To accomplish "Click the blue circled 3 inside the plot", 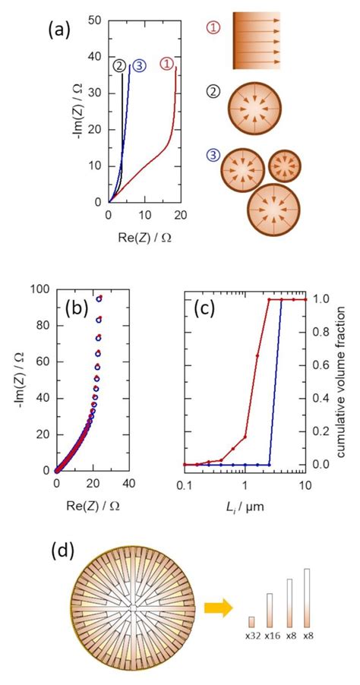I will click(x=139, y=66).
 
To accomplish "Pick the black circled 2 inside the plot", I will click(x=118, y=66).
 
